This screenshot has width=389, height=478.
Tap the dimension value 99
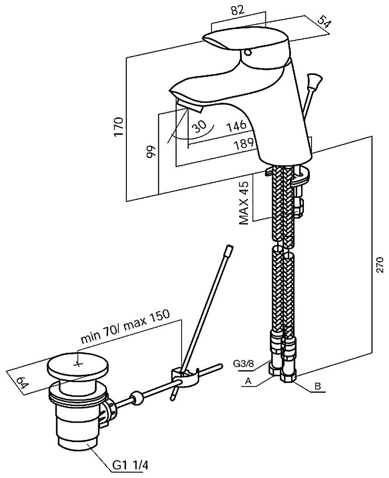tap(151, 151)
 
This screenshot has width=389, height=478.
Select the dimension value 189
tap(245, 145)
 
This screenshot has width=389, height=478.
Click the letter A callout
tap(247, 382)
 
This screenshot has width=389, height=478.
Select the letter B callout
tap(317, 387)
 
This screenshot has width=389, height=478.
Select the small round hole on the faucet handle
tap(247, 53)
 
